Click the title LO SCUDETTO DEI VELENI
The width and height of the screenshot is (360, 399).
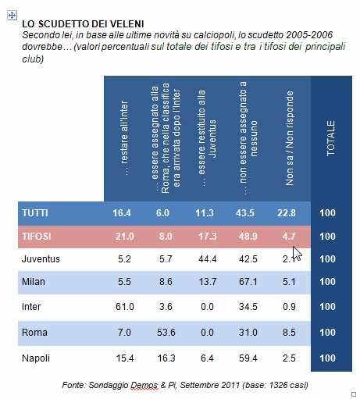click(x=83, y=24)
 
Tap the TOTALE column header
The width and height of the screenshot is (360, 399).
click(x=330, y=138)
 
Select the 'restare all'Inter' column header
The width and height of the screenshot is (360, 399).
click(x=125, y=138)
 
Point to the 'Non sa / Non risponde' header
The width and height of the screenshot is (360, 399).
click(x=289, y=138)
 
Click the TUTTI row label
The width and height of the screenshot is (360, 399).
click(x=35, y=213)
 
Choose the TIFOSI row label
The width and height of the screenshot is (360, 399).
click(x=37, y=237)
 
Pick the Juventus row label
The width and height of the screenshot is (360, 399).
click(x=41, y=259)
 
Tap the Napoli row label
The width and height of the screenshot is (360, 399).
click(x=36, y=358)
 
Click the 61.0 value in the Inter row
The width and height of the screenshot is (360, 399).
click(x=125, y=307)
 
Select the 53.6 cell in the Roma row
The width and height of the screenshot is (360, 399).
click(x=166, y=333)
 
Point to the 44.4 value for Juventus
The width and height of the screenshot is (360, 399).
click(x=207, y=259)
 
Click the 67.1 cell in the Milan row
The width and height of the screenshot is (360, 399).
click(x=248, y=282)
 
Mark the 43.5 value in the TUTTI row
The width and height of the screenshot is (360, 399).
click(x=245, y=213)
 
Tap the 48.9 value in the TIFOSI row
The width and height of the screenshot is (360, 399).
click(x=248, y=237)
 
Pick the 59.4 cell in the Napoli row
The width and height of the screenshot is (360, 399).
click(x=248, y=358)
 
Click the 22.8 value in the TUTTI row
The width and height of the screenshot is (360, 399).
click(x=287, y=213)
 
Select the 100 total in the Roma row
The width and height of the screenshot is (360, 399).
click(x=327, y=333)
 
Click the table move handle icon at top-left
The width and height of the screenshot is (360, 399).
click(x=12, y=16)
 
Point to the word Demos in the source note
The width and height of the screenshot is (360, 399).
click(x=144, y=385)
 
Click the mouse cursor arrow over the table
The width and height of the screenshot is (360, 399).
click(x=297, y=253)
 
